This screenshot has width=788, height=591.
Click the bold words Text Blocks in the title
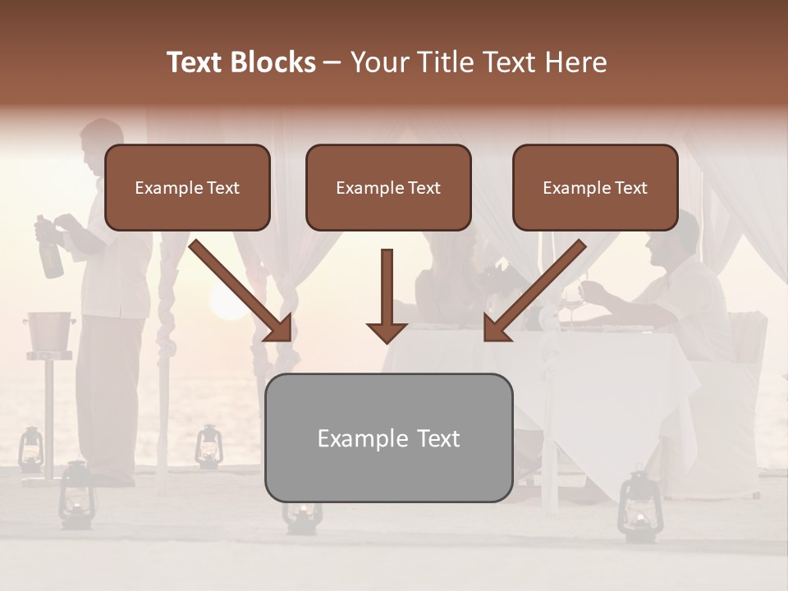tap(241, 62)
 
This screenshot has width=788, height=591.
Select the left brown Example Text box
tap(187, 188)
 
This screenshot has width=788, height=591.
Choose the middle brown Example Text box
tap(388, 188)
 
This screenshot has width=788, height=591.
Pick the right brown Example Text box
tap(595, 188)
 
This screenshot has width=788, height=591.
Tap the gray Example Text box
tap(388, 438)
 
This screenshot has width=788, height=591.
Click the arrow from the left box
tap(243, 291)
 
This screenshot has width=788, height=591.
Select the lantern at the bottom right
tap(635, 504)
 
